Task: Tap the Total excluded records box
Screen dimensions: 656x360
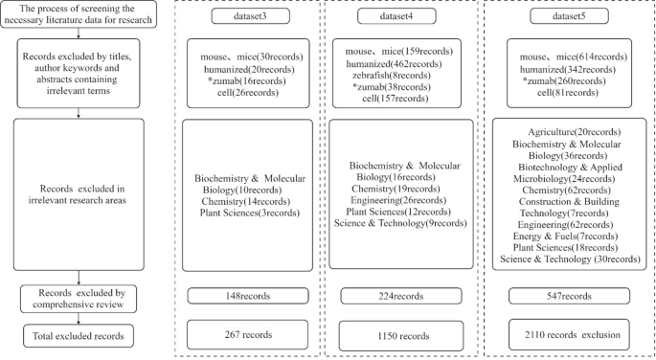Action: pos(78,336)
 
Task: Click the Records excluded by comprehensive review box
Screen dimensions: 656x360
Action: pos(78,299)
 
